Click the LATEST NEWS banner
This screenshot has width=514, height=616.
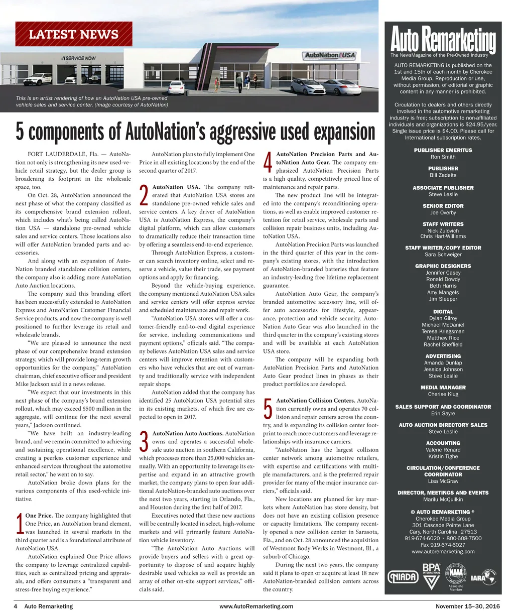coord(74,35)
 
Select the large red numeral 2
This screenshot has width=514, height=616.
coord(144,196)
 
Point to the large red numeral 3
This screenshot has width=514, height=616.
coord(144,442)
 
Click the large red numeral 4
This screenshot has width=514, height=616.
coord(268,163)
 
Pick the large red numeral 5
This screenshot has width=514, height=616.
coord(268,410)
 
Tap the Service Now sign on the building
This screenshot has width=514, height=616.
coord(78,58)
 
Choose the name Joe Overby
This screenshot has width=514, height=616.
coord(443,213)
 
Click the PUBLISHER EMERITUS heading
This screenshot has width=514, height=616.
coord(443,150)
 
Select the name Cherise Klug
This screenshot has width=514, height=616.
coord(443,395)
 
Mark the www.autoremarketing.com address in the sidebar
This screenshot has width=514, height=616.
coord(443,551)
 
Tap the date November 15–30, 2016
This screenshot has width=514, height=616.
coord(467,606)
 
